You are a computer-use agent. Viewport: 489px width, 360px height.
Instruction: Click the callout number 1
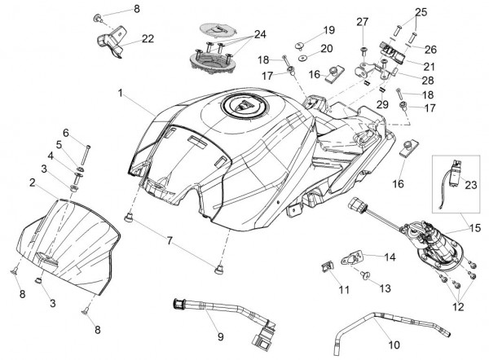(x=121, y=94)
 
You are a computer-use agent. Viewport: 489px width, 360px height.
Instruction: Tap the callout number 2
(x=32, y=184)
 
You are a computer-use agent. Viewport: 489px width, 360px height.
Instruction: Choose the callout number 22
(x=148, y=38)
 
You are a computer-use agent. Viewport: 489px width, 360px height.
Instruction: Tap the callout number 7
(x=170, y=241)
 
